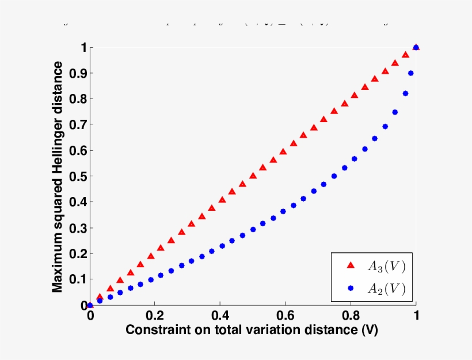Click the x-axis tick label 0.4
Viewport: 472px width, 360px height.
coord(220,316)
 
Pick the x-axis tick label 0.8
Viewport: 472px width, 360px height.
coord(351,316)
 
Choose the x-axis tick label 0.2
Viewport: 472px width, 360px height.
coord(155,316)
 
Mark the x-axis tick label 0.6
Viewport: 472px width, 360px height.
coord(286,316)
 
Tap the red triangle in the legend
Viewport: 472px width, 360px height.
coord(351,266)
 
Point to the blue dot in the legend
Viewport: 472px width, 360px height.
coord(351,288)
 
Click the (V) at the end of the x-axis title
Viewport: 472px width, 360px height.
coord(369,330)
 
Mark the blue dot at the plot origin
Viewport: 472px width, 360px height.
coord(90,305)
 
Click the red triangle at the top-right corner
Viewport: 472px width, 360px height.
coord(416,47)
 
